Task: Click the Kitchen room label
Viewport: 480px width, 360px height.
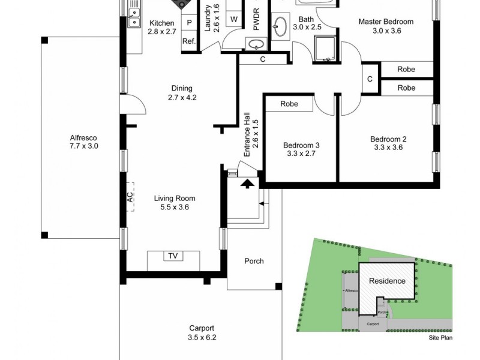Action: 161,23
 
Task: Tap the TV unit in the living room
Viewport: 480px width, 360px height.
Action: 173,257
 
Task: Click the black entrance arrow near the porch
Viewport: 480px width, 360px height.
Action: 246,184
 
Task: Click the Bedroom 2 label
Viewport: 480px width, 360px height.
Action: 388,139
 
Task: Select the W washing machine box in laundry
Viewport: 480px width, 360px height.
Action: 233,19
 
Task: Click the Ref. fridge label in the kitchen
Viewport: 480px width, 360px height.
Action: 189,41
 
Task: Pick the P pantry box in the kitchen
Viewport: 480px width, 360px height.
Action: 189,23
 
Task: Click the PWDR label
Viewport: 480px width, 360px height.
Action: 256,19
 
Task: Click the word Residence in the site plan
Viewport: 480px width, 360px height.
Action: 386,281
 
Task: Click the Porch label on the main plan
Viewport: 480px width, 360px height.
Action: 254,261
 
